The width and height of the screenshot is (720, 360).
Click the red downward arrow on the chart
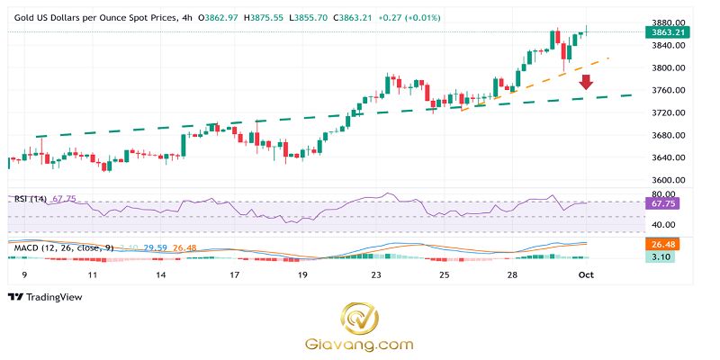point(586,83)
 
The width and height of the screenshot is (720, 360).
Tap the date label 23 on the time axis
point(376,274)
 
